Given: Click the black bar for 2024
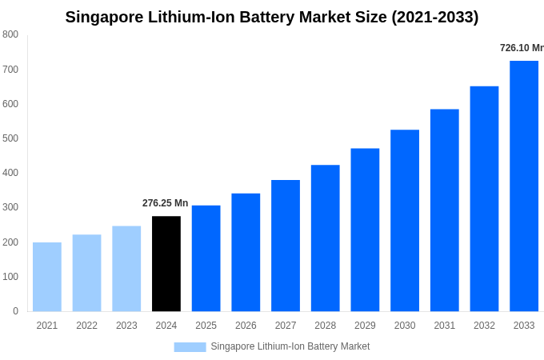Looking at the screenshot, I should (166, 263).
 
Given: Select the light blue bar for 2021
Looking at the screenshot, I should (47, 276).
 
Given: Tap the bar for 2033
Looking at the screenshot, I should (524, 186).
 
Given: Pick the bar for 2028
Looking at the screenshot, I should (326, 238).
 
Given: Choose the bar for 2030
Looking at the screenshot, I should (405, 220).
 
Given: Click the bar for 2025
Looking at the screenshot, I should (206, 258).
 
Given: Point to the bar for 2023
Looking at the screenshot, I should (126, 268).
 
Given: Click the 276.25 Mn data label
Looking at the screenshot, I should (166, 203).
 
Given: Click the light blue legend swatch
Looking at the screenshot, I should (190, 346).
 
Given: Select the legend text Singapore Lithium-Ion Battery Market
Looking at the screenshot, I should (290, 346).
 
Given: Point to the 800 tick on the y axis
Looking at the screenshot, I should (10, 34).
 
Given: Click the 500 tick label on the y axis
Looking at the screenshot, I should (10, 138).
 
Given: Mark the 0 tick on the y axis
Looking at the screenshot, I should (15, 311).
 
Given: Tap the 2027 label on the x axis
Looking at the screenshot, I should (286, 326).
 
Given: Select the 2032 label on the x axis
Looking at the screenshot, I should (484, 326).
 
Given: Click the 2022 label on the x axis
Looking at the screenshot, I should (86, 326).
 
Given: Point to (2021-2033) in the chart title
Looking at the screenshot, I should (434, 17).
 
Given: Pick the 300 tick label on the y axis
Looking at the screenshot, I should (10, 207).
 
